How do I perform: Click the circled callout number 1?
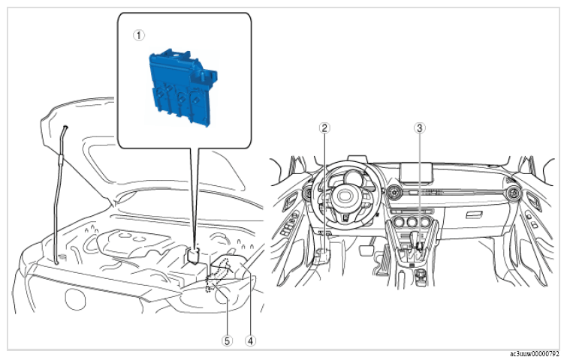click(139, 35)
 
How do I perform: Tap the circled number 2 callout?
click(324, 127)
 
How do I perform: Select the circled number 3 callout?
click(420, 127)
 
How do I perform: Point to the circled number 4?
click(250, 340)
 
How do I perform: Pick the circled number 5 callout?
click(227, 340)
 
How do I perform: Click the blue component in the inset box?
click(182, 88)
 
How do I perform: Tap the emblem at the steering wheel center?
click(342, 196)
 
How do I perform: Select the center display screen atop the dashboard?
click(416, 172)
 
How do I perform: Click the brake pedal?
click(367, 250)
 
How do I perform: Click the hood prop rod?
click(59, 195)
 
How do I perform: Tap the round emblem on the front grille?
click(75, 298)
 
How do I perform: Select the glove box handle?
click(475, 215)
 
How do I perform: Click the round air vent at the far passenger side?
click(514, 193)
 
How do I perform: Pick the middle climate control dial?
click(412, 222)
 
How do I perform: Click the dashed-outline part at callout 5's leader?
click(218, 275)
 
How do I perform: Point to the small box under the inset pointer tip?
click(194, 256)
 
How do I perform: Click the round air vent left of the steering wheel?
click(308, 193)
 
